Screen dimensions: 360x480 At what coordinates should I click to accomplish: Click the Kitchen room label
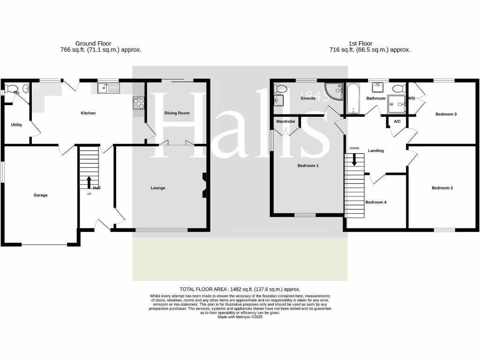coord(88,113)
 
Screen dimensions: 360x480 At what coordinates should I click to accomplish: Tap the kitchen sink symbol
coord(109,88)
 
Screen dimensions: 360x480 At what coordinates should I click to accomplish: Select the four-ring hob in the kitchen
coord(139,102)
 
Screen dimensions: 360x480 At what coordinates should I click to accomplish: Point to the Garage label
coord(40,195)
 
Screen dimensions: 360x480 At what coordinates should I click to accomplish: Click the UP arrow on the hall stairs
coord(89,182)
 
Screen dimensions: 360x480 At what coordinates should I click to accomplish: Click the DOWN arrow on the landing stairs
coord(354,159)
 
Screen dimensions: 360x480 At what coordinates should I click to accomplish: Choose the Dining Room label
coord(177,113)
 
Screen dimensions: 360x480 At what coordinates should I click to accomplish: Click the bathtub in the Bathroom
coord(352,98)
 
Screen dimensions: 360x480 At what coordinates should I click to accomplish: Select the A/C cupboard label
coord(397,121)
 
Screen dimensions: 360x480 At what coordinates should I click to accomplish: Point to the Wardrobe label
coord(285,121)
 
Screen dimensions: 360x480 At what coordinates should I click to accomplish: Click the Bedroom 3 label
coord(446,114)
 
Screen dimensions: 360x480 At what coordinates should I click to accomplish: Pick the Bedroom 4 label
coord(376,202)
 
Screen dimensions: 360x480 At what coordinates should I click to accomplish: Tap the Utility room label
coord(16,125)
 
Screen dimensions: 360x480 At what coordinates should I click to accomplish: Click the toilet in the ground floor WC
coord(13,88)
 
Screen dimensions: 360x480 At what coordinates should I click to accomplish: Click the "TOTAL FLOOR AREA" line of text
coord(240,289)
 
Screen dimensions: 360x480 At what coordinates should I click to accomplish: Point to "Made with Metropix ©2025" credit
coord(240,317)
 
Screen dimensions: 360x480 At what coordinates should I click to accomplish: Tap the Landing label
coord(376,150)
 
